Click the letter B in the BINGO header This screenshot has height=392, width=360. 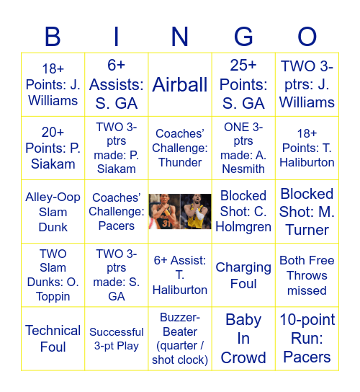click(53, 37)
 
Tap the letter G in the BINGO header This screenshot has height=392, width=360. click(243, 37)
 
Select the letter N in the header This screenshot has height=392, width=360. click(180, 37)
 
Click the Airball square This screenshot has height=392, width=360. click(180, 85)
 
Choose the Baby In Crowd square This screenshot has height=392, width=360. click(243, 339)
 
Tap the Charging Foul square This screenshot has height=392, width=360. click(243, 275)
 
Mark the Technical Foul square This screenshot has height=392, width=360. click(53, 339)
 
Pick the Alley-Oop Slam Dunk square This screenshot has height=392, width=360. click(53, 212)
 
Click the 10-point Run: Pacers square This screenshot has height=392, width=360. click(307, 339)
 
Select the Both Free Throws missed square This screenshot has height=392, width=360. click(307, 275)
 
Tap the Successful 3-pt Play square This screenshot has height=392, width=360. click(117, 339)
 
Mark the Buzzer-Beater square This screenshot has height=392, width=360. click(180, 339)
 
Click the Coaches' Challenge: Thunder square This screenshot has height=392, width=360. click(180, 148)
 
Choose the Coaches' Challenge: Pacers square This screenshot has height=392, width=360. click(117, 212)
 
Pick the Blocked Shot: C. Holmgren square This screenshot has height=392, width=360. click(243, 212)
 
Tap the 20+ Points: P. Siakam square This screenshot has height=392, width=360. click(53, 148)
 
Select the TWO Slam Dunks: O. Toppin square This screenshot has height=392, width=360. click(53, 275)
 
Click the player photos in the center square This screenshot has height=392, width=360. click(180, 212)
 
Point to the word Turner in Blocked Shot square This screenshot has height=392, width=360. click(307, 230)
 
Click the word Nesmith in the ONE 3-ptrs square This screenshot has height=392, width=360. click(243, 169)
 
